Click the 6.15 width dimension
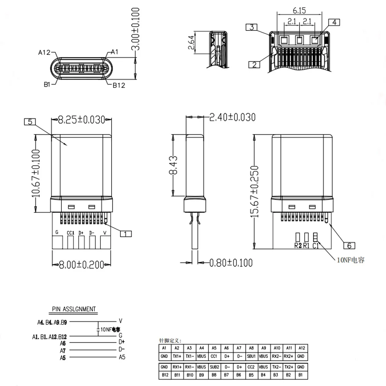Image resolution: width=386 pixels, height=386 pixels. [299, 10]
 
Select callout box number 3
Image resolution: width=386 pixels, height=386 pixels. [251, 27]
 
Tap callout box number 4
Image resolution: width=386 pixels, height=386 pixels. [334, 22]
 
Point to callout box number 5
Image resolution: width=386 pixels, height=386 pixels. [30, 122]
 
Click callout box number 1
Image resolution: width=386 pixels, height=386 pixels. [126, 234]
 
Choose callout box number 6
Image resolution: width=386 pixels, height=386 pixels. [349, 245]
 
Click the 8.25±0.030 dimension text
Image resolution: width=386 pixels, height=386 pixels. [81, 120]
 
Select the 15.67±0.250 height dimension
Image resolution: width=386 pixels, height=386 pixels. [254, 191]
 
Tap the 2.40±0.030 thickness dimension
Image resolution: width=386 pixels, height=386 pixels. [232, 117]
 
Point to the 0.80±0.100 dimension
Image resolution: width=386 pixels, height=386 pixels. [231, 263]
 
